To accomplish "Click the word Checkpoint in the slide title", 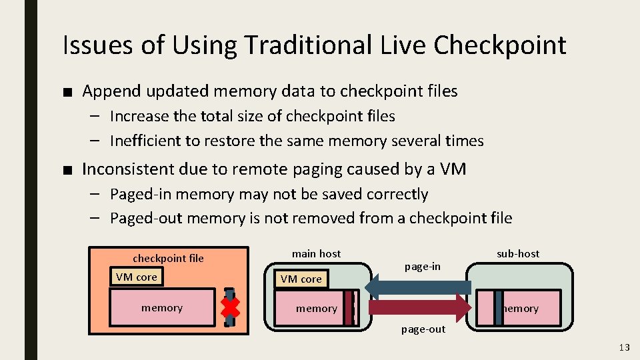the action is (499, 45).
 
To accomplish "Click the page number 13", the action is (624, 347).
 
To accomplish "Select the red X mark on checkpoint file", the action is (230, 307).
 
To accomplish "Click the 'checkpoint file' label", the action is (168, 258).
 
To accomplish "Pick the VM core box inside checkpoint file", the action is (137, 277).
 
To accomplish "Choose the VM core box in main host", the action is (301, 279).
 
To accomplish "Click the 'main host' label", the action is (316, 253).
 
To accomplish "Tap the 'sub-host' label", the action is (518, 253).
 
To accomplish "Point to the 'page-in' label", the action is (423, 266).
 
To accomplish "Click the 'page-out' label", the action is (423, 329).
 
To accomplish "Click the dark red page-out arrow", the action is (420, 307).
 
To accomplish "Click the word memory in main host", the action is (316, 308).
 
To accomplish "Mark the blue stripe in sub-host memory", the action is (499, 308).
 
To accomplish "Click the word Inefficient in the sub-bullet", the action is (143, 141).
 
